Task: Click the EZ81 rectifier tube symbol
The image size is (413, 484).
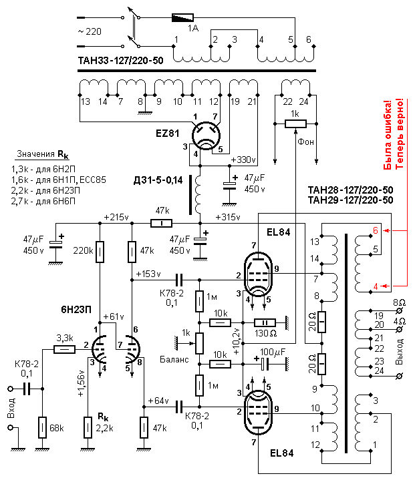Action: click(206, 136)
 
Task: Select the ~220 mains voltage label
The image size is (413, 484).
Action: click(91, 31)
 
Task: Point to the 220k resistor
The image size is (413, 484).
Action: click(100, 252)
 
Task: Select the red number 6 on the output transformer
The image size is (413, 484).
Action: click(376, 230)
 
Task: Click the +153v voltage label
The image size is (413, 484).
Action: click(147, 273)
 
